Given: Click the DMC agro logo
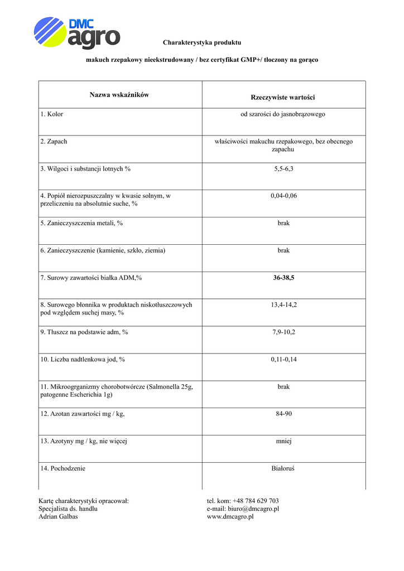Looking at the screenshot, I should pyautogui.click(x=76, y=33).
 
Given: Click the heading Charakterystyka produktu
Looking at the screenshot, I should pyautogui.click(x=202, y=43).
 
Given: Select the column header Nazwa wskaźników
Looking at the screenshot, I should pyautogui.click(x=119, y=95).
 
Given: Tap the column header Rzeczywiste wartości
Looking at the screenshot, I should pyautogui.click(x=283, y=98).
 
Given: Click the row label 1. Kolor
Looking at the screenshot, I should pyautogui.click(x=52, y=114).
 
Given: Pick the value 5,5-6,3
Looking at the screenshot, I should pyautogui.click(x=283, y=168).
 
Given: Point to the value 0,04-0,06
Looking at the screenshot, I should pyautogui.click(x=283, y=196).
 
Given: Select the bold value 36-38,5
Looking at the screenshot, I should pyautogui.click(x=283, y=278).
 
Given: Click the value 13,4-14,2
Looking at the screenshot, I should pyautogui.click(x=283, y=305).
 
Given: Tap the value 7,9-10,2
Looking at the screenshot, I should pyautogui.click(x=283, y=332).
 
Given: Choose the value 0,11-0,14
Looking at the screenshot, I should pyautogui.click(x=283, y=360).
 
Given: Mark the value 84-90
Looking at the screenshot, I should pyautogui.click(x=283, y=414).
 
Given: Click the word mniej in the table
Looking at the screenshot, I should pyautogui.click(x=283, y=441).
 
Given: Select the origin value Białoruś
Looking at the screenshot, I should pyautogui.click(x=283, y=468).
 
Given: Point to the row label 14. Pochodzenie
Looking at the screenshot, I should pyautogui.click(x=62, y=468).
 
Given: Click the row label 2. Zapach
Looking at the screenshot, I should pyautogui.click(x=54, y=142).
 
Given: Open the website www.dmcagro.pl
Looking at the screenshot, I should pyautogui.click(x=230, y=516).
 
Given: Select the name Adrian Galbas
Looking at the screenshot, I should pyautogui.click(x=58, y=516).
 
